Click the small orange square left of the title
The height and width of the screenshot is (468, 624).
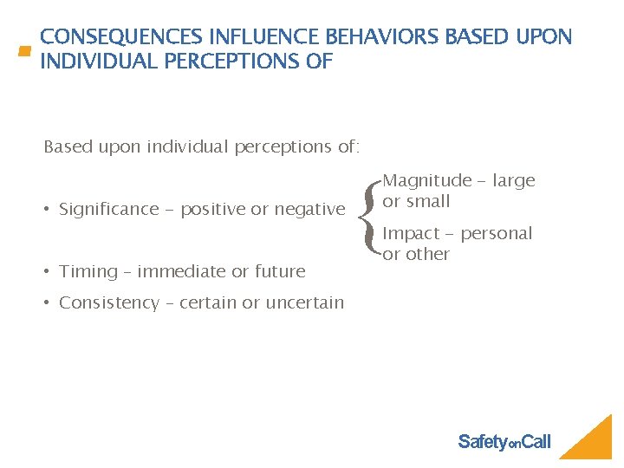point(24,51)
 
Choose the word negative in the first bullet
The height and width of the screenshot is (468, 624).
point(309,209)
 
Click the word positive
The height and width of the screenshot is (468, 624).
point(212,209)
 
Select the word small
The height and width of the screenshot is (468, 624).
point(428,201)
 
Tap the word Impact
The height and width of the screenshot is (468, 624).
point(411,233)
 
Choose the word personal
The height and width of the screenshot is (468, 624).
point(497,233)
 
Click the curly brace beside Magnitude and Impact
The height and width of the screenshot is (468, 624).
point(372,217)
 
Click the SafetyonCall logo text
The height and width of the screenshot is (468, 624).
point(504,442)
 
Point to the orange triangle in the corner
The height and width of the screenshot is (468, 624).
point(594,442)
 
